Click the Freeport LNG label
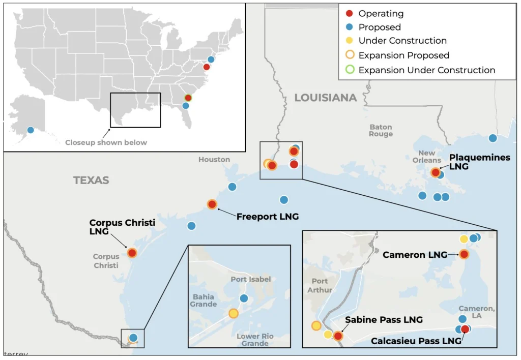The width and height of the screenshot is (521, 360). (x=267, y=217)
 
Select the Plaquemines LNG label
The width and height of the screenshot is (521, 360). (x=480, y=162)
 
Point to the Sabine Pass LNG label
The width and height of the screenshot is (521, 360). (x=384, y=320)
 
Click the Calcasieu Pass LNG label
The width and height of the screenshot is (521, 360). (x=416, y=341)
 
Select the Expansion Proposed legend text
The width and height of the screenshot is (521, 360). (x=403, y=55)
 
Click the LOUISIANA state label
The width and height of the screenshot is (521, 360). (x=326, y=98)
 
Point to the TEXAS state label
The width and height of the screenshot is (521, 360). (x=91, y=180)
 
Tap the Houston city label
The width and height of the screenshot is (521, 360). (x=214, y=160)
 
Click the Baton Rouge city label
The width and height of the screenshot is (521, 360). (x=381, y=131)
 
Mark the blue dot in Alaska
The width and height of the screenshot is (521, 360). (x=31, y=130)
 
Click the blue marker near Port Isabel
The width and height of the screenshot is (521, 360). (x=244, y=298)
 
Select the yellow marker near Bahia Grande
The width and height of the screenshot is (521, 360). (x=233, y=314)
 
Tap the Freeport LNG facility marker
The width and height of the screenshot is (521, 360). (x=212, y=204)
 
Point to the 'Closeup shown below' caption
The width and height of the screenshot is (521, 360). (x=106, y=142)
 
